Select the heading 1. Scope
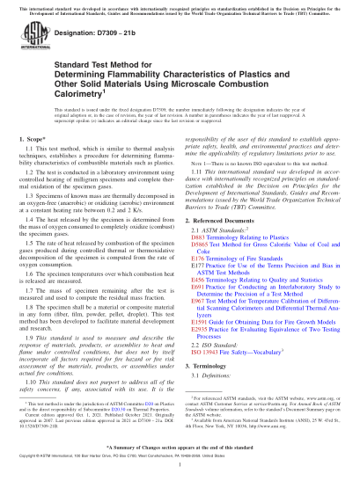(x=31, y=164)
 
